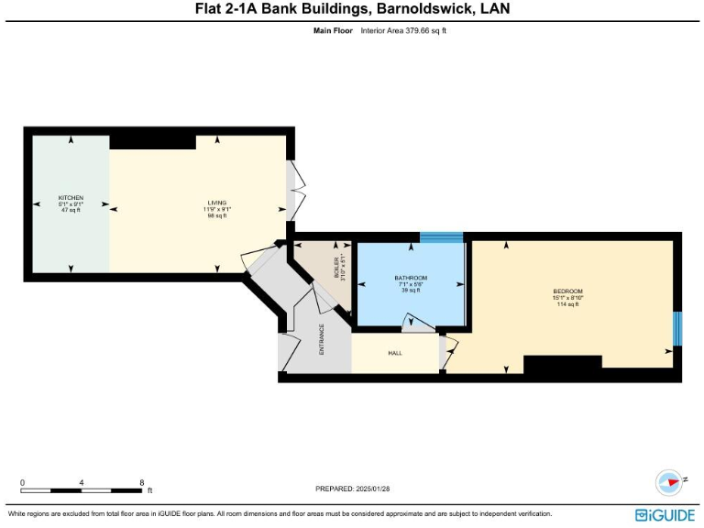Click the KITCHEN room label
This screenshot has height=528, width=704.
(x=71, y=198)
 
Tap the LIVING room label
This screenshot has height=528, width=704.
(x=216, y=203)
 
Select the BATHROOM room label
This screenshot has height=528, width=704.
(x=411, y=278)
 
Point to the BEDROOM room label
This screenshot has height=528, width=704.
(x=567, y=291)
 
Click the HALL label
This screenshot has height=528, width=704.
(x=395, y=353)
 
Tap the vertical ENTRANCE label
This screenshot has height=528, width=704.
(x=321, y=339)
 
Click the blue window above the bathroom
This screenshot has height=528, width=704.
(x=443, y=237)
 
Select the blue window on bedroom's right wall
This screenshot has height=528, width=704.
(x=677, y=328)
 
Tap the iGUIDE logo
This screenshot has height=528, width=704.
(x=665, y=515)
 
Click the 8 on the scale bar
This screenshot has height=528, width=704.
(x=141, y=482)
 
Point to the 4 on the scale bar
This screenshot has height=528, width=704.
(x=82, y=482)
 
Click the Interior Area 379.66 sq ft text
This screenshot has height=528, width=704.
(x=403, y=30)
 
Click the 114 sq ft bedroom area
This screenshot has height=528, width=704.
(x=567, y=304)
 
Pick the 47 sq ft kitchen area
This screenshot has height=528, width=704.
(x=71, y=211)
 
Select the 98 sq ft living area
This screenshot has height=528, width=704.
(x=216, y=215)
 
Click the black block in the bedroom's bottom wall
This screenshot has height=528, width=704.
(x=562, y=364)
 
